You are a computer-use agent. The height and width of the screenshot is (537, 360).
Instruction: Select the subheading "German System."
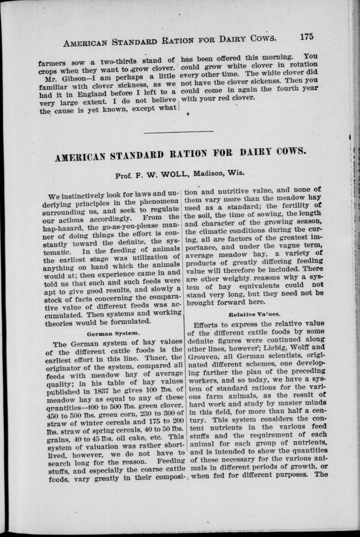(x=113, y=333)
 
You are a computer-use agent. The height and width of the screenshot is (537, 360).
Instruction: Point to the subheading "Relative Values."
(x=255, y=313)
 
